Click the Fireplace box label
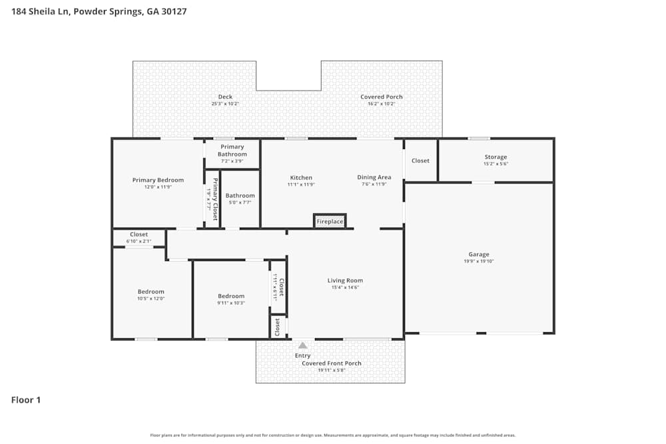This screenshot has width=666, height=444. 330,221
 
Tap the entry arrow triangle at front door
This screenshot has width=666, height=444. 302,345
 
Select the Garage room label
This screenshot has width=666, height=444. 479,254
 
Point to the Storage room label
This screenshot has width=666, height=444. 496,157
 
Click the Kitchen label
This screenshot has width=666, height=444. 301,178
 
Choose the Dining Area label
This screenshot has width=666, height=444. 374,178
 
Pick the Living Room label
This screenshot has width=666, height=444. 345,280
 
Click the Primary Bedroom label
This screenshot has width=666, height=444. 158,180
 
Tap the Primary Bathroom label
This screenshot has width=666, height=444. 232,150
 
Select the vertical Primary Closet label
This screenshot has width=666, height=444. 215,200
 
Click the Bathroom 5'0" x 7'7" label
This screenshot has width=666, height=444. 240,196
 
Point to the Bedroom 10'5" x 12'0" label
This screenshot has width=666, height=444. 151,292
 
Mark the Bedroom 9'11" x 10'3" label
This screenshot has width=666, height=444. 231,296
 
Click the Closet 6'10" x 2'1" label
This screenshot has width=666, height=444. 139,234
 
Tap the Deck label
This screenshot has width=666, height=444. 225,97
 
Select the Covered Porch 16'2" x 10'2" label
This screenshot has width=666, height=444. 382,97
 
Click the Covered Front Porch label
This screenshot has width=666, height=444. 332,363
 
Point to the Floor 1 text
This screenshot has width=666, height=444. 26,400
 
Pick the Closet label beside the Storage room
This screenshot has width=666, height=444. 420,160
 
